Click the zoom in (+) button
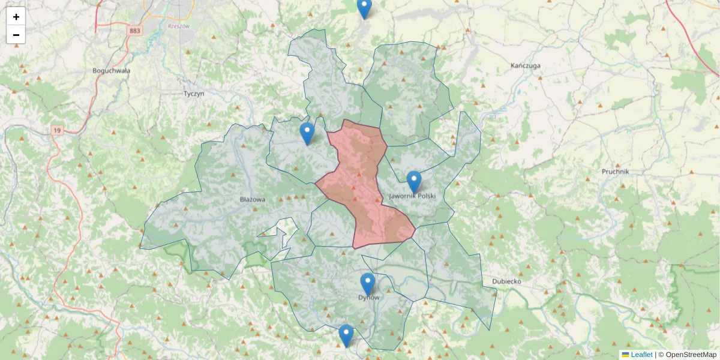tap(16, 17)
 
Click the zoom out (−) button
tap(16, 35)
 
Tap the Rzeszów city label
tap(178, 26)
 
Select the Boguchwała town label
tap(112, 70)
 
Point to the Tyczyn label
tap(194, 94)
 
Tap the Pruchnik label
tap(615, 172)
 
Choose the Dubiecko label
tap(506, 281)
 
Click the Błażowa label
tap(252, 199)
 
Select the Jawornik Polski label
tap(412, 196)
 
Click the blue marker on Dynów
tap(367, 284)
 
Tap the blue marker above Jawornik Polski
tap(414, 181)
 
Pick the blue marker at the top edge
tap(364, 7)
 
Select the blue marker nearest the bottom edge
tap(346, 335)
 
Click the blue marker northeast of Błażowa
tap(307, 133)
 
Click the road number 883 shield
tap(134, 29)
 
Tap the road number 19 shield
tap(57, 130)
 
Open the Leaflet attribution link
tap(641, 355)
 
